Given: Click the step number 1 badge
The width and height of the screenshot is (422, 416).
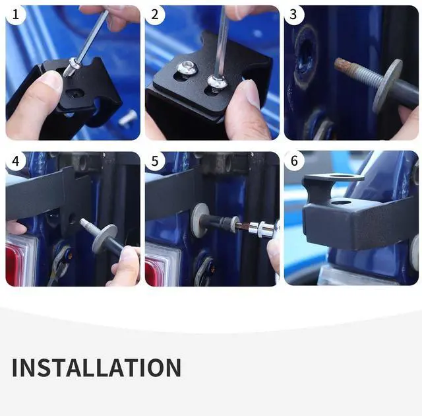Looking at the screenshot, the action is point(16,15).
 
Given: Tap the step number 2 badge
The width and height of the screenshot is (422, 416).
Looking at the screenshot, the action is point(155,15).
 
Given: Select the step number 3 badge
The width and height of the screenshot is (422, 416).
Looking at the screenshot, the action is point(294,15).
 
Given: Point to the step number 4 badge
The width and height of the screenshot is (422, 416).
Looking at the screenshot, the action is point(16,161).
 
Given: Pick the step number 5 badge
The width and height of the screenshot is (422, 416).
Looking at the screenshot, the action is point(155,161).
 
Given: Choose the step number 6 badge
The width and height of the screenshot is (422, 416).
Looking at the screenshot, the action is point(294,160).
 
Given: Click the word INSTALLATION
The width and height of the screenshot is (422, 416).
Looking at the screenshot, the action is point(96,368).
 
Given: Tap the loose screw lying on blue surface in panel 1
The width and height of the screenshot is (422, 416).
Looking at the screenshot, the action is point(127,118).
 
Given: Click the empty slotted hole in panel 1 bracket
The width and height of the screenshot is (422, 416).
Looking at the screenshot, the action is point(75,94).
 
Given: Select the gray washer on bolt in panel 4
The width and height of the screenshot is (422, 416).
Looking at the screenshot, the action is point(104,239).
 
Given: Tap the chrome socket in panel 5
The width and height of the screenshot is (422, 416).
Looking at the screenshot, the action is point(263,229).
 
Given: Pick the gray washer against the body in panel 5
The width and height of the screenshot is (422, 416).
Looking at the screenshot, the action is point(200,220).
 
